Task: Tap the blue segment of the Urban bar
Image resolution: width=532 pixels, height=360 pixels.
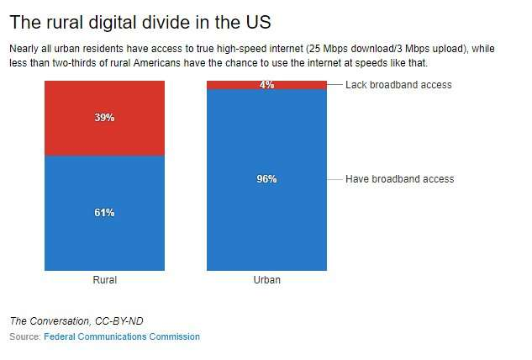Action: [x=266, y=227]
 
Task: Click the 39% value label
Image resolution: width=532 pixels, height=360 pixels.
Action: [x=104, y=118]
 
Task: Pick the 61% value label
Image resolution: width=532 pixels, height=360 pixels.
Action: [x=104, y=213]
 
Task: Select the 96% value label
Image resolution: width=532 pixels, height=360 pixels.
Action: [x=266, y=179]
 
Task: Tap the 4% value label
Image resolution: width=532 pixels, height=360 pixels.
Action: [x=266, y=85]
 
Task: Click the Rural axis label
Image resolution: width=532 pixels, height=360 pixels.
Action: [x=104, y=280]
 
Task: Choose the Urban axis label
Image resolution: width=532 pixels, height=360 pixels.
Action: [x=266, y=280]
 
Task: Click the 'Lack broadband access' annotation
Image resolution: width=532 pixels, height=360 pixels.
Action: [x=398, y=85]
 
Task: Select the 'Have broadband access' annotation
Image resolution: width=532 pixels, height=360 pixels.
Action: [x=399, y=179]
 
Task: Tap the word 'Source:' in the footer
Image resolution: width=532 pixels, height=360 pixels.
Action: [x=24, y=336]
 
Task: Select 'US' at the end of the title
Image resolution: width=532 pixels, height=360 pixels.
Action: [x=258, y=20]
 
